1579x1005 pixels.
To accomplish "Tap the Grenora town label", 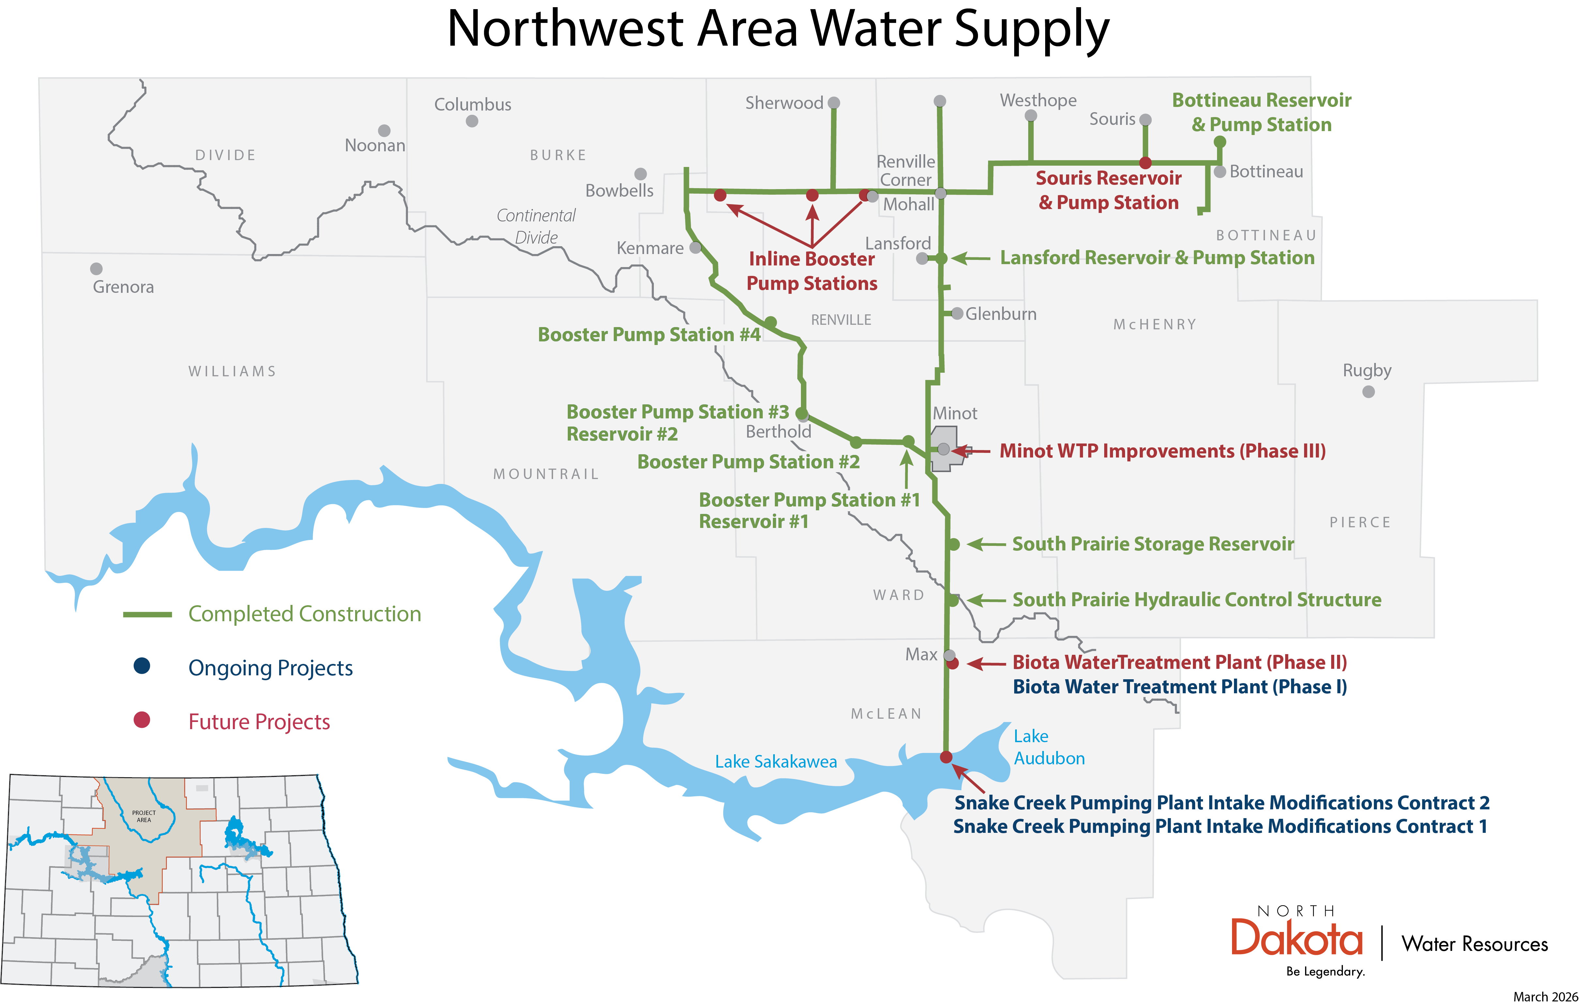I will click(x=123, y=287).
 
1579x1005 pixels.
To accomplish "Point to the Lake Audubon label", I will click(x=1048, y=747).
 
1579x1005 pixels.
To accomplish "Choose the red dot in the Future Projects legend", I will click(x=142, y=720).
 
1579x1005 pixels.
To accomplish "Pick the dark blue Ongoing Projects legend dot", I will click(x=142, y=666).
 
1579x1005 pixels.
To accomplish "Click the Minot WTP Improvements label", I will click(x=1162, y=451).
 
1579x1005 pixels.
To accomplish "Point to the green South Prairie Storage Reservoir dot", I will click(x=954, y=544).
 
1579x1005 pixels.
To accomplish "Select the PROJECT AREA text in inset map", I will click(x=143, y=816).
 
